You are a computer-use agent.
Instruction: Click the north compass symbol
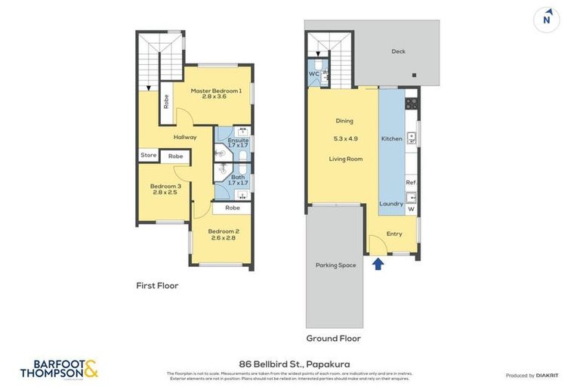[x=546, y=20]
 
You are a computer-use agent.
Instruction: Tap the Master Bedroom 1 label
[x=216, y=91]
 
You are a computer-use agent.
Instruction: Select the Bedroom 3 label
[x=165, y=186]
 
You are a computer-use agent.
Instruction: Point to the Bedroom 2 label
[x=224, y=231]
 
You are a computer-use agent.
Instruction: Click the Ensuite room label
[x=239, y=141]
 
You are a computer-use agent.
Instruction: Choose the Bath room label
[x=238, y=178]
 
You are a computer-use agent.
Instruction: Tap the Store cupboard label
[x=149, y=156]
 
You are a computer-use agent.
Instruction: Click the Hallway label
[x=185, y=137]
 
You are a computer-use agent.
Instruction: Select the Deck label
[x=399, y=51]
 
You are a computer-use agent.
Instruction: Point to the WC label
[x=313, y=73]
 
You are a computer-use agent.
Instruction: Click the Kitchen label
[x=392, y=139]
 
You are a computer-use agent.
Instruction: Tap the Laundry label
[x=391, y=203]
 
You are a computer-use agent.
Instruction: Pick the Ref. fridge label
[x=412, y=183]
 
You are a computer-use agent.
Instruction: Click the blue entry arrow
[x=378, y=263]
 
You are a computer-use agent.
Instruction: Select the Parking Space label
[x=336, y=265]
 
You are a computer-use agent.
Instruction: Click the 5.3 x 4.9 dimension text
[x=345, y=139]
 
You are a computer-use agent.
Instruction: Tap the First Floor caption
[x=157, y=286]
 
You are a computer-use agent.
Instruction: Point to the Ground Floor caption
[x=333, y=338]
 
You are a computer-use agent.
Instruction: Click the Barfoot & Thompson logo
[x=59, y=369]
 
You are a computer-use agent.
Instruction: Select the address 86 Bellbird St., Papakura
[x=290, y=364]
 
